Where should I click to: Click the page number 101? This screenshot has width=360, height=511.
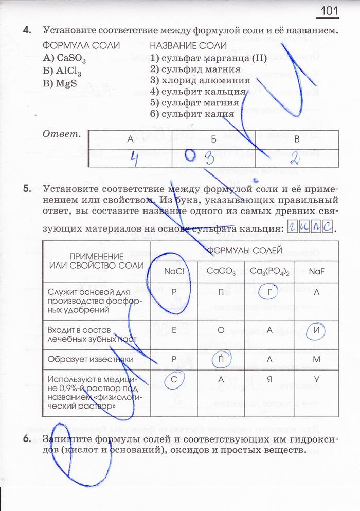tap(330, 11)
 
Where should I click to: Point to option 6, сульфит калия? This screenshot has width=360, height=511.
tap(192, 114)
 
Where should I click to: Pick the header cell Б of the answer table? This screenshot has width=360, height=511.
tap(213, 139)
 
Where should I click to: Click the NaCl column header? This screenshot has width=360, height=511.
tap(174, 271)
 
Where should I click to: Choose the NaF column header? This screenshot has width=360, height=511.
tap(316, 271)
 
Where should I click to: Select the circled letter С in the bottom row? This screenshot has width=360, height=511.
tap(174, 379)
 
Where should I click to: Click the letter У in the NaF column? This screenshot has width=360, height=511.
tap(316, 380)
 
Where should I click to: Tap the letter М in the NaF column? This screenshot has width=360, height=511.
tap(316, 359)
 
